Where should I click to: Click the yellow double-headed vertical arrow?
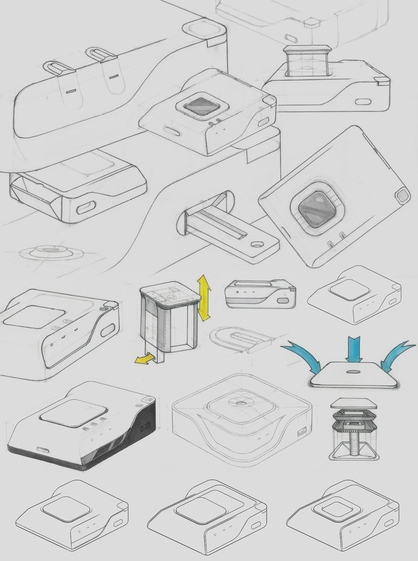pyautogui.click(x=204, y=298)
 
